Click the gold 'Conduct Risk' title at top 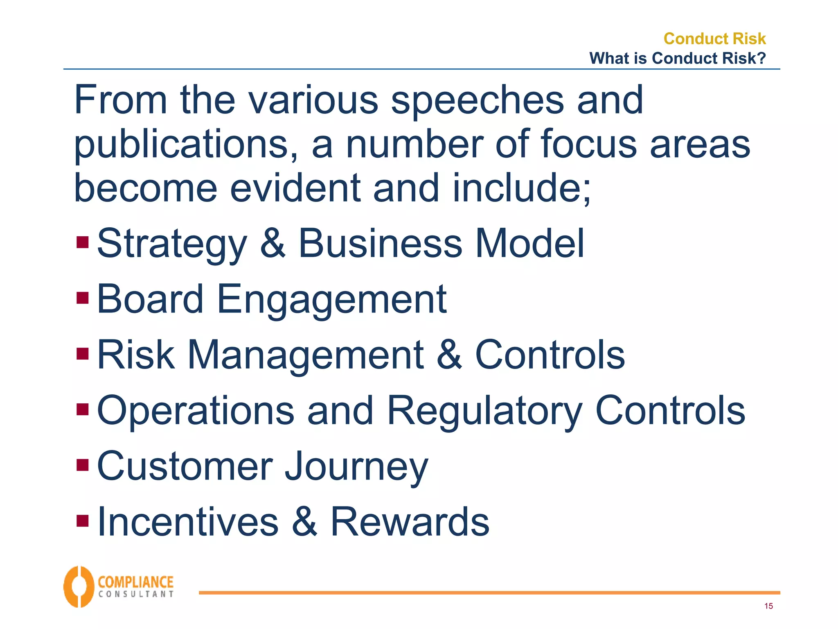point(714,38)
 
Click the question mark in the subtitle point(761,58)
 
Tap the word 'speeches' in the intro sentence point(478,100)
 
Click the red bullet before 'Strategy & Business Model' point(83,242)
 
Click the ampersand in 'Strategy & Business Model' point(273,243)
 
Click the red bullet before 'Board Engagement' point(83,298)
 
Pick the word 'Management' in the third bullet point(306,355)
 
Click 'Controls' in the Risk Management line point(550,355)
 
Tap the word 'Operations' point(196,411)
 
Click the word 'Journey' point(356,467)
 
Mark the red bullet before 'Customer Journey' point(83,465)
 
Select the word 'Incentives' point(188,522)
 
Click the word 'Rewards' point(410,522)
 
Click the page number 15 point(768,606)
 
